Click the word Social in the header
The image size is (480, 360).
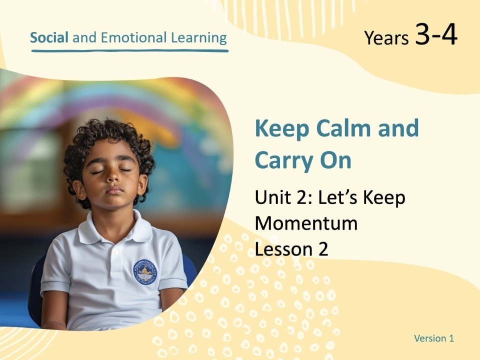[49, 37]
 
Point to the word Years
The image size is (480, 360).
[386, 38]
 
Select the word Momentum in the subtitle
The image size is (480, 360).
[306, 223]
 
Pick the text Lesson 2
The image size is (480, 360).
[291, 248]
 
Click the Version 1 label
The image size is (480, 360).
[433, 338]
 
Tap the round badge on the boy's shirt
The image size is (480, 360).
[145, 271]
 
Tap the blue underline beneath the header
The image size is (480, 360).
[129, 50]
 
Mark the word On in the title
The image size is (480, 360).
[334, 161]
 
